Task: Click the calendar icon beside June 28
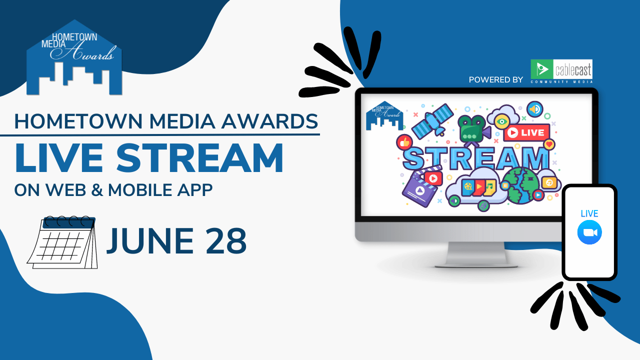pos(62,242)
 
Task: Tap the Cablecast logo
pos(561,71)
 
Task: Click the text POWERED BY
pos(496,79)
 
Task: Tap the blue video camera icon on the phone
pos(589,233)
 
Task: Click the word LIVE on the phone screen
pos(589,213)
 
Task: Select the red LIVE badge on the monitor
pos(526,133)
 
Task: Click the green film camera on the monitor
pos(471,129)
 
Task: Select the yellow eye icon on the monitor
pos(501,120)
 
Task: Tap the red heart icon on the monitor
pos(549,144)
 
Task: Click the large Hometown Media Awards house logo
pos(74,59)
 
